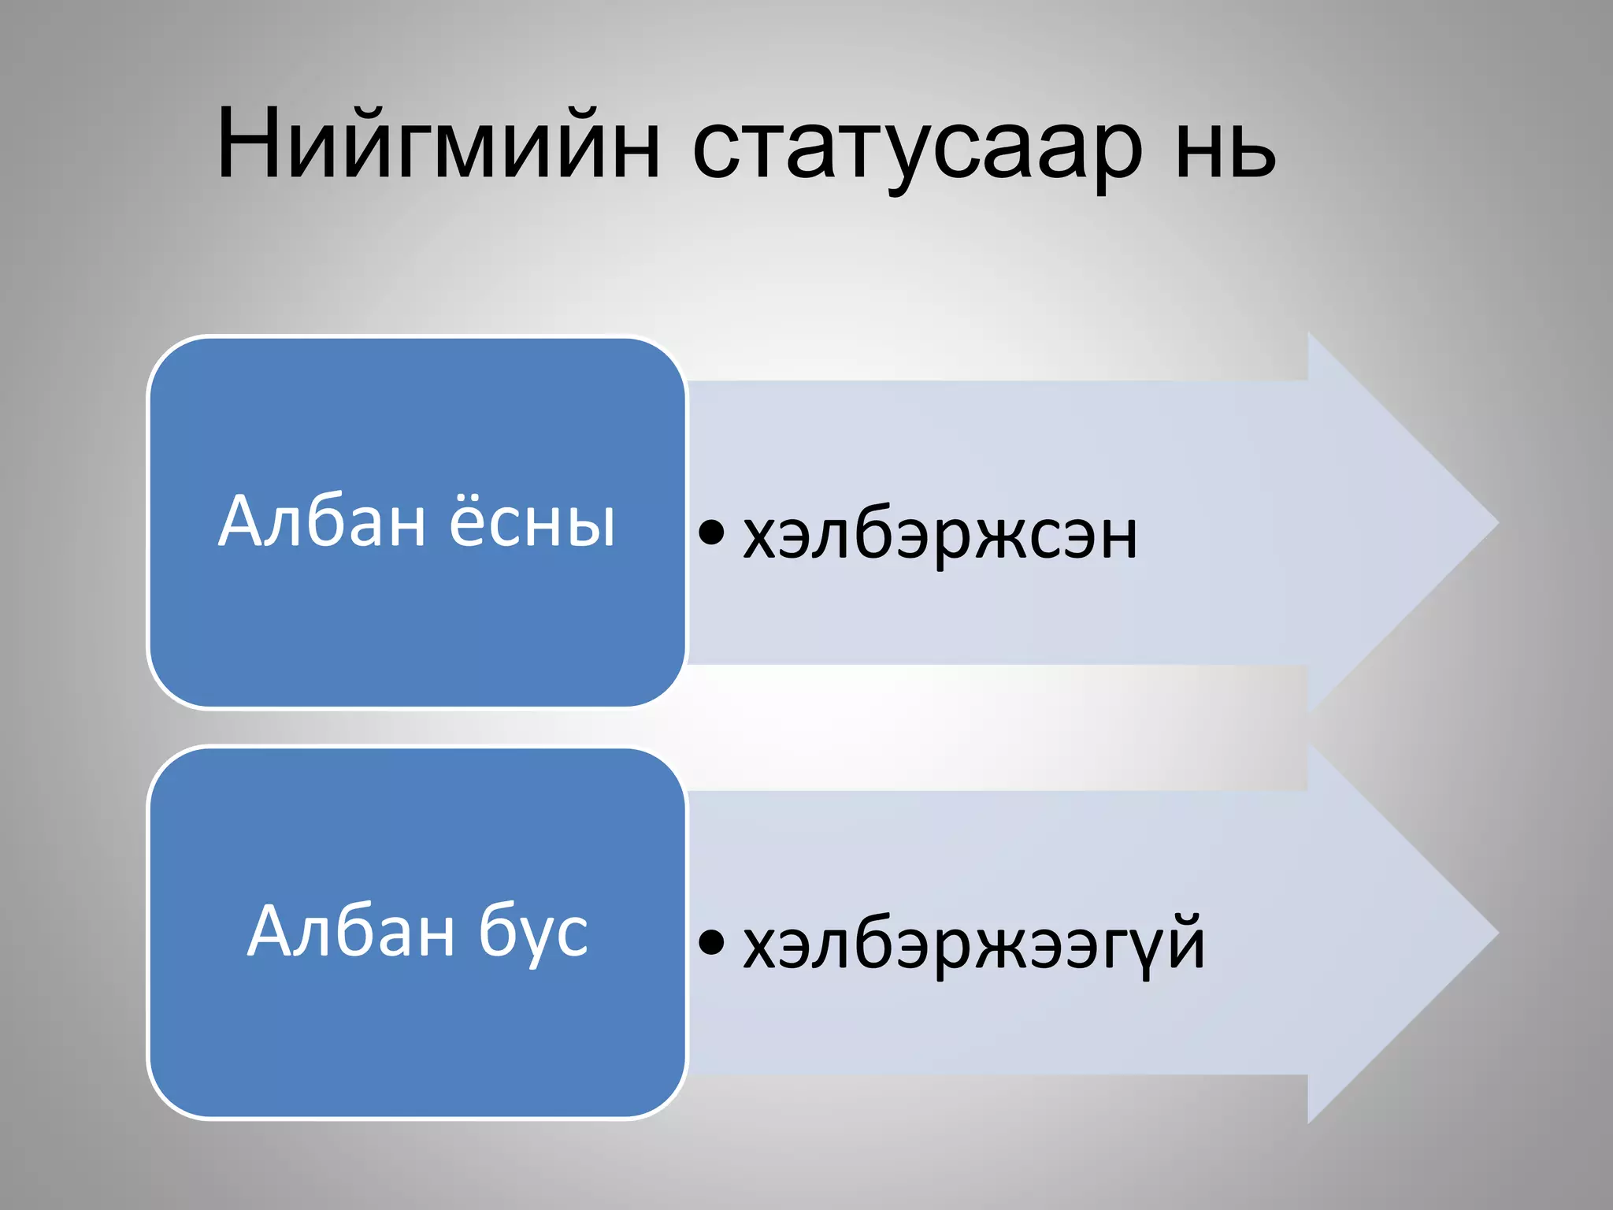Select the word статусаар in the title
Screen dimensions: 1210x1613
(x=917, y=150)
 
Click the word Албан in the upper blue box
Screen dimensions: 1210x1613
(x=321, y=521)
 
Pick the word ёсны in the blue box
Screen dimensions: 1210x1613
(x=532, y=521)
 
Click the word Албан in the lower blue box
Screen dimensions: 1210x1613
(x=351, y=931)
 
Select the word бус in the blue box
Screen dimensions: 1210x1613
(x=533, y=933)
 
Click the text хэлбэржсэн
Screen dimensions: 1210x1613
(x=940, y=536)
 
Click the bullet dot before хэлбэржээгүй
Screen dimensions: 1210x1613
(x=710, y=941)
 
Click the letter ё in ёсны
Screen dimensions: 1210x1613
(x=471, y=521)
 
